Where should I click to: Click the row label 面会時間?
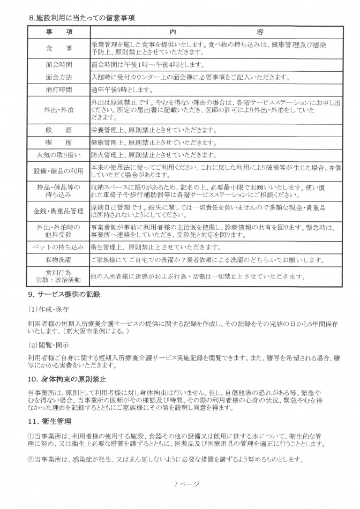(59, 65)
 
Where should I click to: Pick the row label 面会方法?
(59, 77)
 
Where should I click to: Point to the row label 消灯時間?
(59, 90)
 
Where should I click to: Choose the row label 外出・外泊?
(59, 110)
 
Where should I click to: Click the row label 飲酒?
(59, 130)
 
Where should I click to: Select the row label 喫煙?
(59, 143)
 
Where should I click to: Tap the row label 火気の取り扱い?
(59, 155)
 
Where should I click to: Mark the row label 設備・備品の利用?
(59, 171)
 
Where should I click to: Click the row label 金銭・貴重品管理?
(59, 211)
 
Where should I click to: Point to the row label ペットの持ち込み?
(59, 248)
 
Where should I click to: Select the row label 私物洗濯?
(59, 260)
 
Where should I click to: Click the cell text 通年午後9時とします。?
(123, 90)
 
